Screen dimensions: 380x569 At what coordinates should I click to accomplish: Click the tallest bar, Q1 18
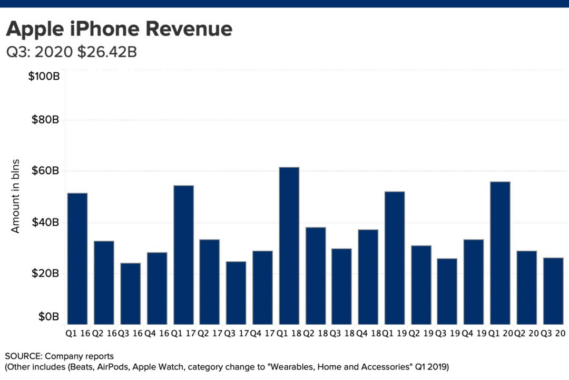click(x=289, y=245)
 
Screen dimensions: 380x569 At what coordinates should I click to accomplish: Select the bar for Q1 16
click(x=77, y=258)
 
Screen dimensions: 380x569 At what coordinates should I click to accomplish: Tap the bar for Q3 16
click(x=130, y=293)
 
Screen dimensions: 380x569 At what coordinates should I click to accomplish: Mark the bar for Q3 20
click(x=553, y=290)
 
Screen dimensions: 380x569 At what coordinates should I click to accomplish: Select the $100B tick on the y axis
click(x=44, y=77)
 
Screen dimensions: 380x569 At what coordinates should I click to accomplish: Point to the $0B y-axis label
click(x=48, y=317)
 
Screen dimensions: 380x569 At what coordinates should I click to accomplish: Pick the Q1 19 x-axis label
click(x=394, y=334)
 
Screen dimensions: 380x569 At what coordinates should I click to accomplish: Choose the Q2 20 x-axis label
click(x=526, y=334)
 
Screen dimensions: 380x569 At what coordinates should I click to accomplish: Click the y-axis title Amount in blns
click(x=16, y=195)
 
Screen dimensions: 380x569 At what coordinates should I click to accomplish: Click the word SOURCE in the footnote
click(x=23, y=356)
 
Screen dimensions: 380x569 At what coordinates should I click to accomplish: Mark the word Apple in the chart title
click(x=33, y=29)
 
